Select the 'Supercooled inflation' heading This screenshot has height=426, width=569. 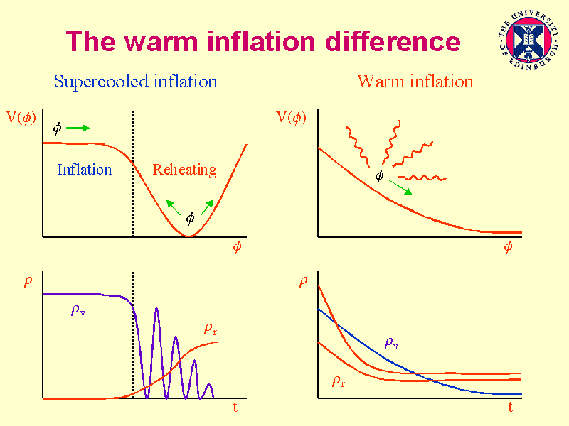coord(136,82)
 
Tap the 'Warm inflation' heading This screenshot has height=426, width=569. coord(415,82)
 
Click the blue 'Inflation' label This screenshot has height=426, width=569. coord(85,170)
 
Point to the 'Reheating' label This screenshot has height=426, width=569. coord(185,170)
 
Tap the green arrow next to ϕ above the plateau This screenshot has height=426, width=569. coord(78,129)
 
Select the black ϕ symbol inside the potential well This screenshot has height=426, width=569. coord(190,218)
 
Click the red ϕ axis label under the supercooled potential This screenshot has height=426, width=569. coord(237,247)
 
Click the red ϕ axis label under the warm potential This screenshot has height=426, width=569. coord(508,247)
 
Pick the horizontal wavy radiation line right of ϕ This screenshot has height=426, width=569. coord(422,177)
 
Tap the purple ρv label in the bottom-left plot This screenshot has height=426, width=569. coord(78,310)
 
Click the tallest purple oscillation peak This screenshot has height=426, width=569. coord(156,310)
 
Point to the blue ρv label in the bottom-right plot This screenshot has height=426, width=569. coord(391,342)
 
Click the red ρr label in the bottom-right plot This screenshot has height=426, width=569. coord(339,381)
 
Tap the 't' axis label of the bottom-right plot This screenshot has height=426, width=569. coord(510,408)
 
